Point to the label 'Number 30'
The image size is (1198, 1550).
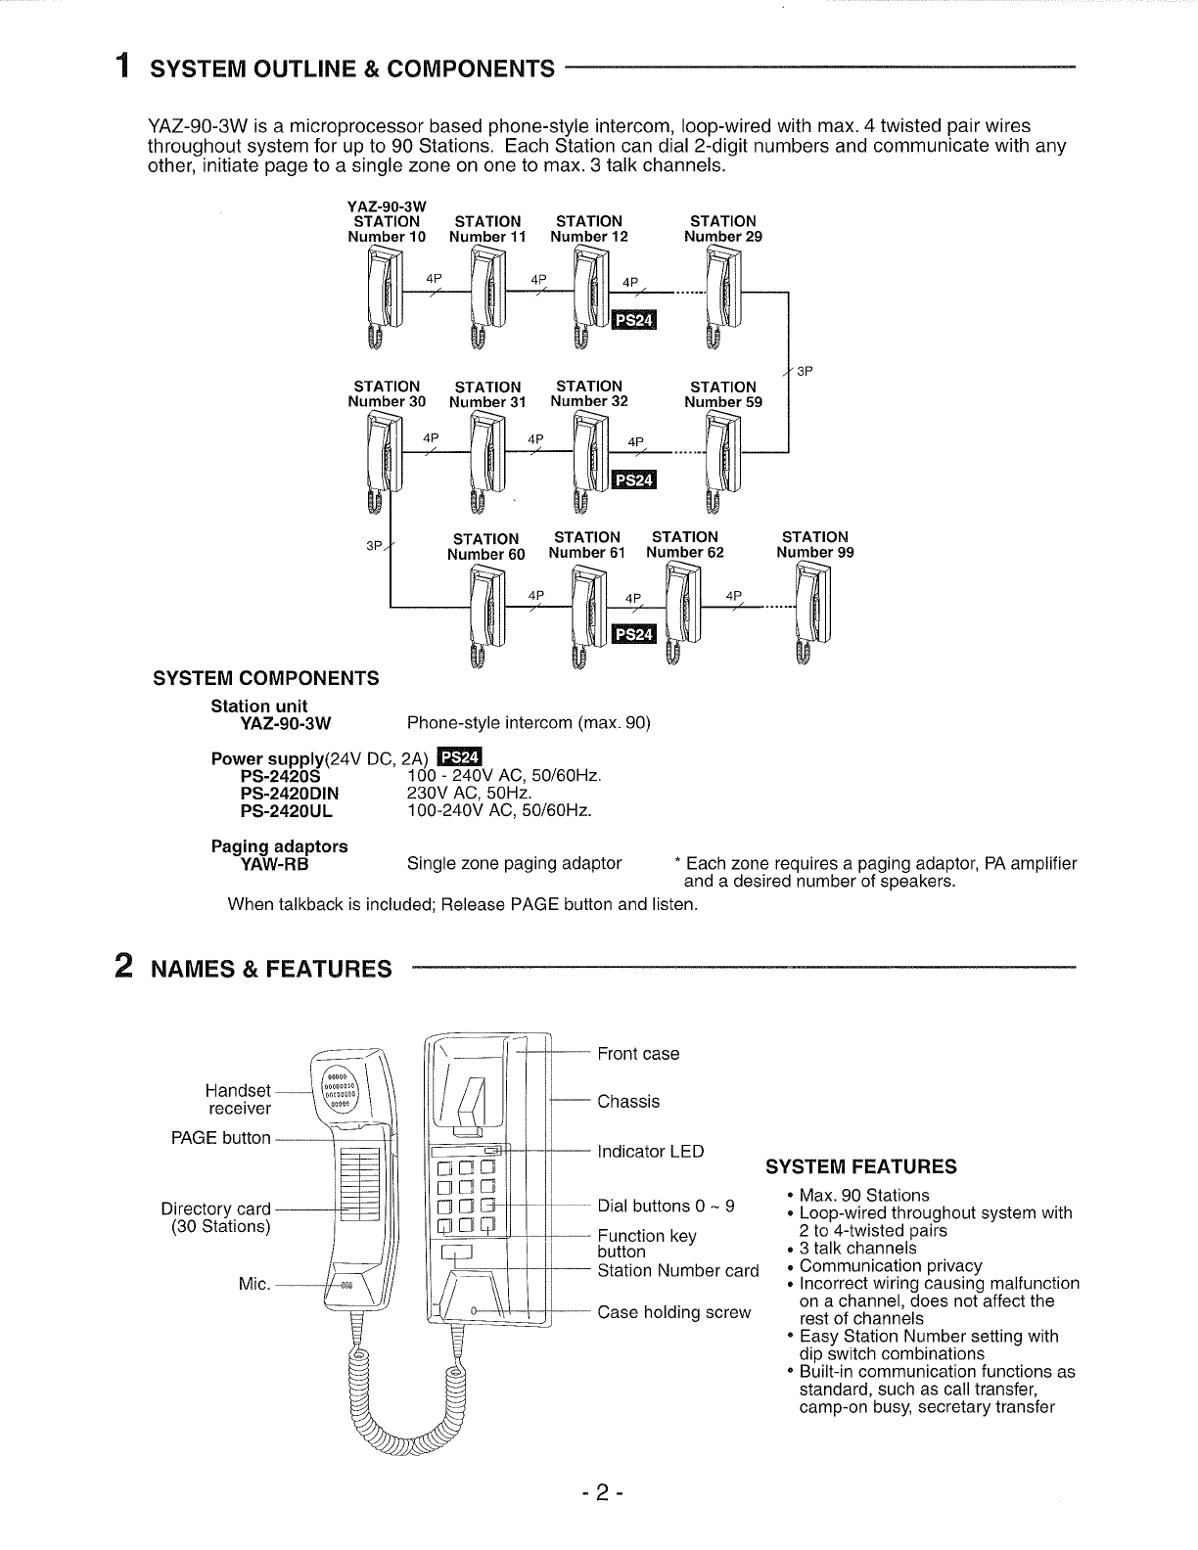tap(387, 401)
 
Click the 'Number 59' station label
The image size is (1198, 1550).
tap(722, 402)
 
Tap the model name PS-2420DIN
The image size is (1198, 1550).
tap(289, 794)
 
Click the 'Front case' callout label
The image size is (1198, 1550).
tap(638, 1054)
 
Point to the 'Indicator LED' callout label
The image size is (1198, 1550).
tap(650, 1152)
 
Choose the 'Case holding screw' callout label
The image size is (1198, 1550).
tap(673, 1312)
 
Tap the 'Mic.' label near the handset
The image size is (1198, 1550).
tap(254, 1284)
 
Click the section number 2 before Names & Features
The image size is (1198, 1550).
tap(124, 966)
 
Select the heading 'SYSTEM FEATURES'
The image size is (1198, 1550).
tap(860, 1166)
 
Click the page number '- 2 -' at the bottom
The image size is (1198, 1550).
tap(598, 1493)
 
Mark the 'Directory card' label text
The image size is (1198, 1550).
tap(215, 1209)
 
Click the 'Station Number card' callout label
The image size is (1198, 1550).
tap(677, 1271)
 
